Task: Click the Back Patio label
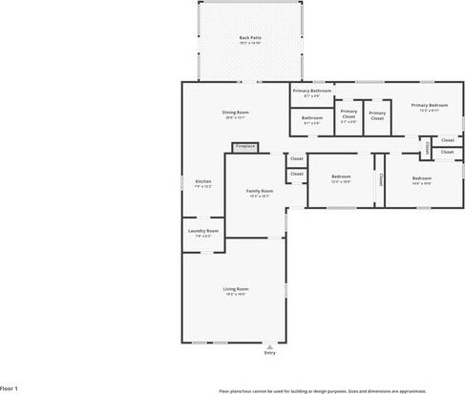(250, 38)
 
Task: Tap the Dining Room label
(236, 114)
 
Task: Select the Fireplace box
(245, 147)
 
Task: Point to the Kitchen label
(203, 181)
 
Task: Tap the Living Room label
(236, 288)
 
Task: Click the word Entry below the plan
(269, 354)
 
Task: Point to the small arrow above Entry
(269, 346)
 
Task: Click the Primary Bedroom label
(429, 105)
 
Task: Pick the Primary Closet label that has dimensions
(349, 114)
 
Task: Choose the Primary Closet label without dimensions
(376, 114)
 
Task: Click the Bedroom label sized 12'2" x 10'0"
(342, 176)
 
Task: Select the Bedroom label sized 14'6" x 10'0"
(422, 178)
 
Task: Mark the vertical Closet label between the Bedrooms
(380, 178)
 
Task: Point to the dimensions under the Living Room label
(236, 295)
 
